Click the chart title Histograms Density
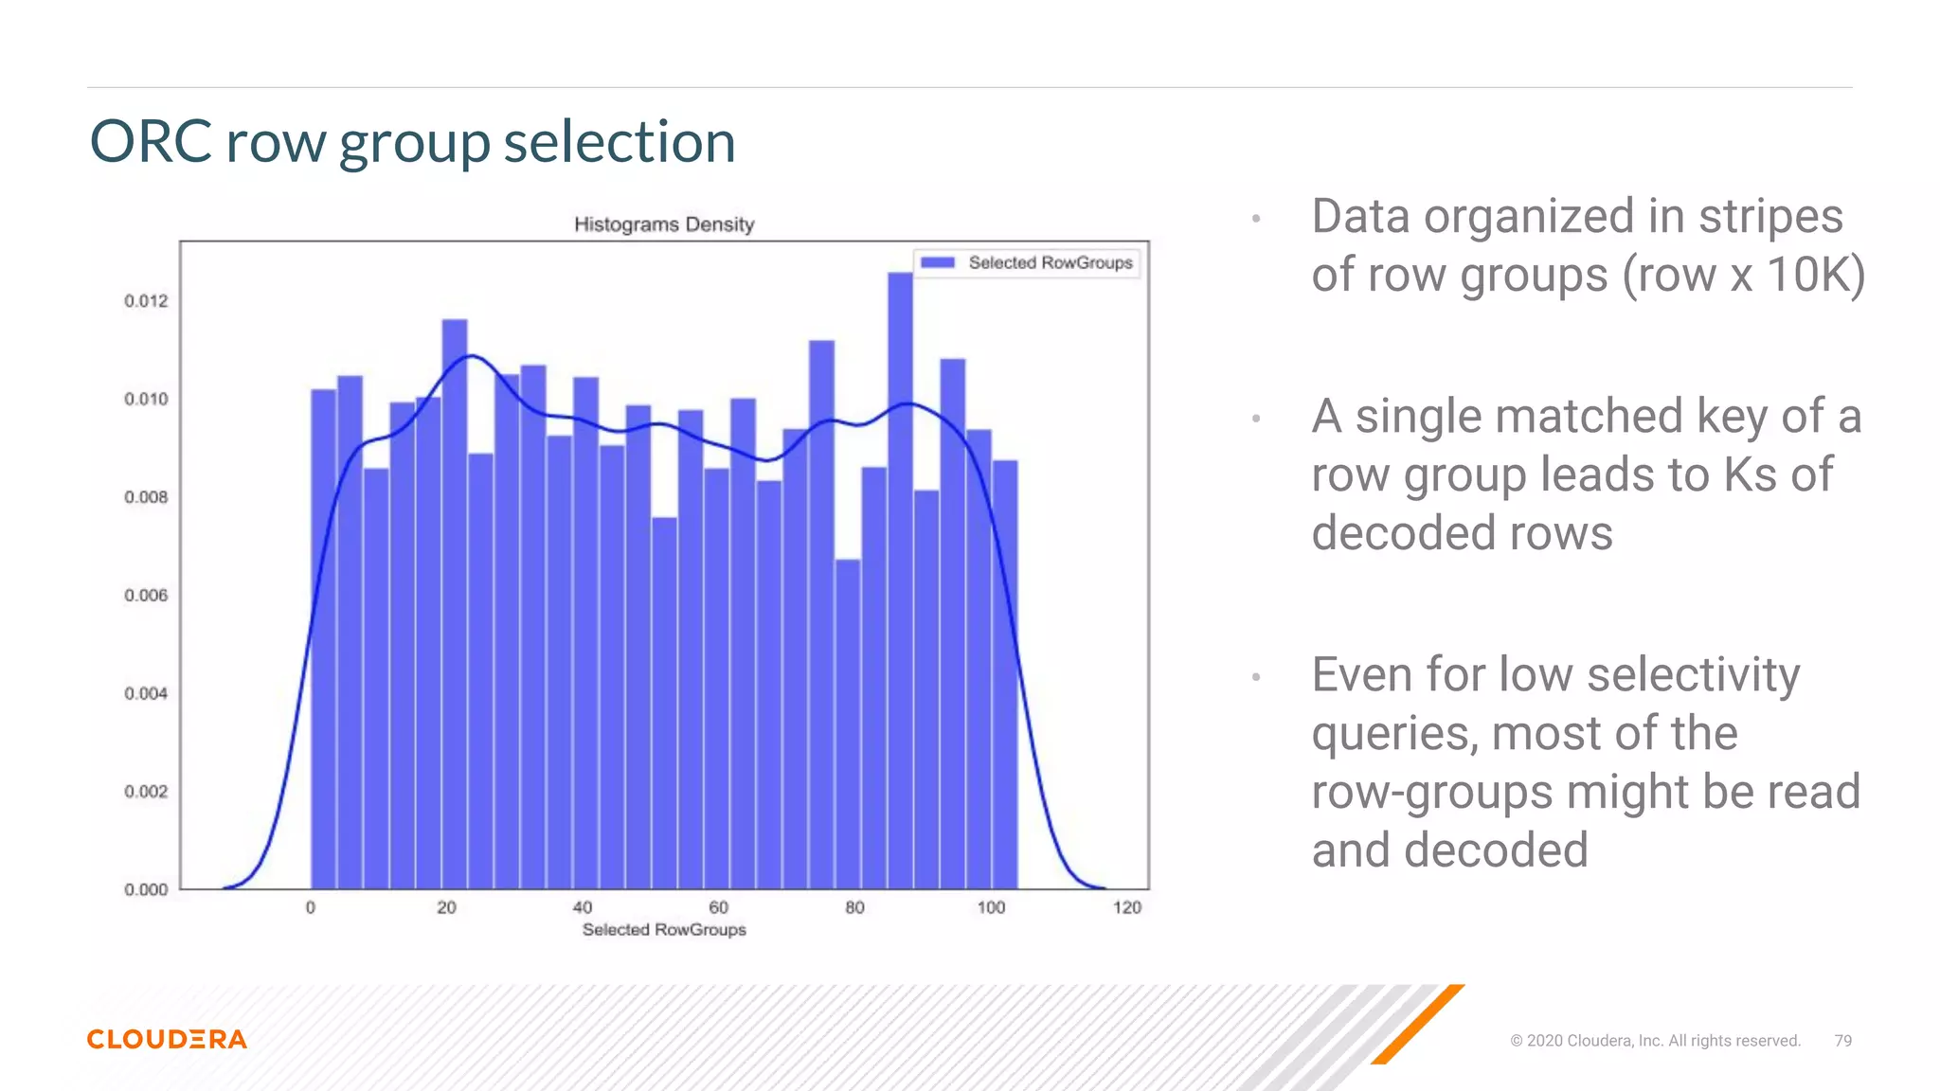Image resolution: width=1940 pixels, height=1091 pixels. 664,224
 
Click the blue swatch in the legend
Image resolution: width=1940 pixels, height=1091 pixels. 937,262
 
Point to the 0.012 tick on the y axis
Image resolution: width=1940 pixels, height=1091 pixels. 146,301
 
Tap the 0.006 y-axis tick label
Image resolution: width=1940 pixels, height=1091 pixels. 146,596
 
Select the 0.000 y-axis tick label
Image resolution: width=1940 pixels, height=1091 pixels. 146,890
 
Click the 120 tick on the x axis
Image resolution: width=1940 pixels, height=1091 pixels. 1127,908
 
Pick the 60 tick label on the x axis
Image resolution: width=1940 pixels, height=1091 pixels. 719,908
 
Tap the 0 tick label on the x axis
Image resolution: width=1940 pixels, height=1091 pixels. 311,908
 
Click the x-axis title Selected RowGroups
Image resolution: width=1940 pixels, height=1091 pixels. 664,930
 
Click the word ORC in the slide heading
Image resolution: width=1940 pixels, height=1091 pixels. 151,142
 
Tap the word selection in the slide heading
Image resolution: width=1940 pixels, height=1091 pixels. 620,142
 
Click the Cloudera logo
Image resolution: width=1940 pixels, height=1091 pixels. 167,1039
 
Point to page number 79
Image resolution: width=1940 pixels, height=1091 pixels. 1842,1041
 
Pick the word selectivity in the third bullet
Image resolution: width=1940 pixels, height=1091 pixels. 1693,675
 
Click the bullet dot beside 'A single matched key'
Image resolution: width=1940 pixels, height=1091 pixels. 1256,418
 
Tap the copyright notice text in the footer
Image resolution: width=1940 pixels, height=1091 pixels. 1655,1041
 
